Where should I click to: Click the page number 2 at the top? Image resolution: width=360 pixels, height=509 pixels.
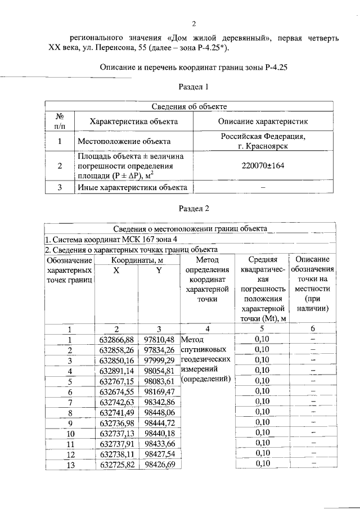point(193,23)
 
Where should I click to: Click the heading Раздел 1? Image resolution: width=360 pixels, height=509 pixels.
point(193,87)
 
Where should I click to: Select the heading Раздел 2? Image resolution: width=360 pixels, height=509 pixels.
point(193,209)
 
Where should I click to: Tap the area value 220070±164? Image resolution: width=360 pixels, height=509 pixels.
point(263,166)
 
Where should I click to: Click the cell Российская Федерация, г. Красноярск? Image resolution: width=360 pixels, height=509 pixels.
point(263,141)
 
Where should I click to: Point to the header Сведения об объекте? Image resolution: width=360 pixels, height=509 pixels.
point(190,106)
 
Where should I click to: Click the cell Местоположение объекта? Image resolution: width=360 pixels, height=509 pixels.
point(124,141)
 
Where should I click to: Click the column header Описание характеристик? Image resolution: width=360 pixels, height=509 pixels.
point(263,121)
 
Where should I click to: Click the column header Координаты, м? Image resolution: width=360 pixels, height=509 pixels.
point(137,260)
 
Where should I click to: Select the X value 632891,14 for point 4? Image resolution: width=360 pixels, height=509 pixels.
point(116,371)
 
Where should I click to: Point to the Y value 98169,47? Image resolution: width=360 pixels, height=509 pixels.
point(159,391)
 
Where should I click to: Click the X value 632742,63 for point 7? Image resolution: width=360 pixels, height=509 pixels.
point(116,402)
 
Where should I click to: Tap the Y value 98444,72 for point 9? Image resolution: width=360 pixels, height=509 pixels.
point(159,423)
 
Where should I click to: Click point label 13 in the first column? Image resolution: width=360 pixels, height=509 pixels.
point(70,465)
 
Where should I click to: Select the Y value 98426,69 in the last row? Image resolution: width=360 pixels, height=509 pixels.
point(159,465)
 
